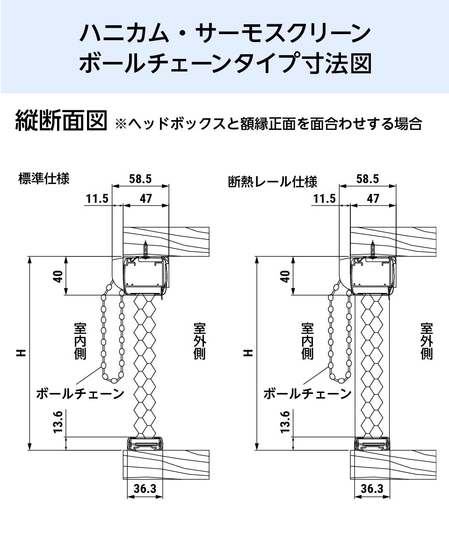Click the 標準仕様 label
[x=44, y=178]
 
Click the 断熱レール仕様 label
[x=273, y=181]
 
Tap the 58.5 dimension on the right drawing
[x=367, y=178]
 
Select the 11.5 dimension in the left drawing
[x=97, y=199]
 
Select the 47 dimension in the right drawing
[x=373, y=199]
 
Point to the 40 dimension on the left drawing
[x=58, y=277]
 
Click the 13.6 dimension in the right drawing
[x=286, y=421]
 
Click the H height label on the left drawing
[x=21, y=353]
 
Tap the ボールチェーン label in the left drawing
[x=80, y=394]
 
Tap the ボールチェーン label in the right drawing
[x=307, y=394]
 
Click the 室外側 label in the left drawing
[x=199, y=341]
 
